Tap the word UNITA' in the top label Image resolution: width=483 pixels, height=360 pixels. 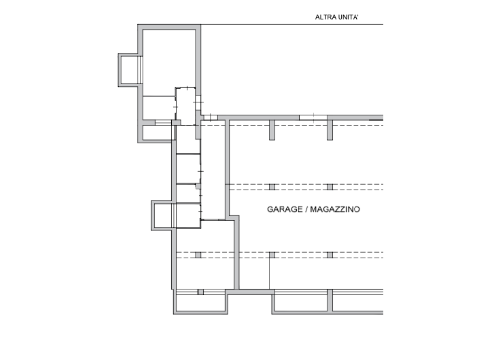348,17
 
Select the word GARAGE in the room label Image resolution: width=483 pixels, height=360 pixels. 284,209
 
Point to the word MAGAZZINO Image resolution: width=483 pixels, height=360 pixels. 335,209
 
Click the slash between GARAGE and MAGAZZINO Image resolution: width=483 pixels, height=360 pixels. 306,209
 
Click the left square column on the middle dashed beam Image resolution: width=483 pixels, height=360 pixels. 272,187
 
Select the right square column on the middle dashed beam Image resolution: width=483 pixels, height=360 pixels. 330,187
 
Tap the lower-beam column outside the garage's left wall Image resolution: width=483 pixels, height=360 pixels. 198,255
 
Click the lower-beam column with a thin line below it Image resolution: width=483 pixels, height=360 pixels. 272,255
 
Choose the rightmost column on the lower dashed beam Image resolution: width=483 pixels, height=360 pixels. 330,255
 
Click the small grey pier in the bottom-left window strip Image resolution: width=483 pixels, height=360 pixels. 200,292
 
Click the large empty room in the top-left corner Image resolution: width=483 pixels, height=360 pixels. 169,62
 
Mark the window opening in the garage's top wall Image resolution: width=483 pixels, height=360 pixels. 313,118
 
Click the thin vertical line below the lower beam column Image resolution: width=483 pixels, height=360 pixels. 269,274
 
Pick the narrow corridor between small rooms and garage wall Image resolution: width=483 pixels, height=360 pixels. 213,170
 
